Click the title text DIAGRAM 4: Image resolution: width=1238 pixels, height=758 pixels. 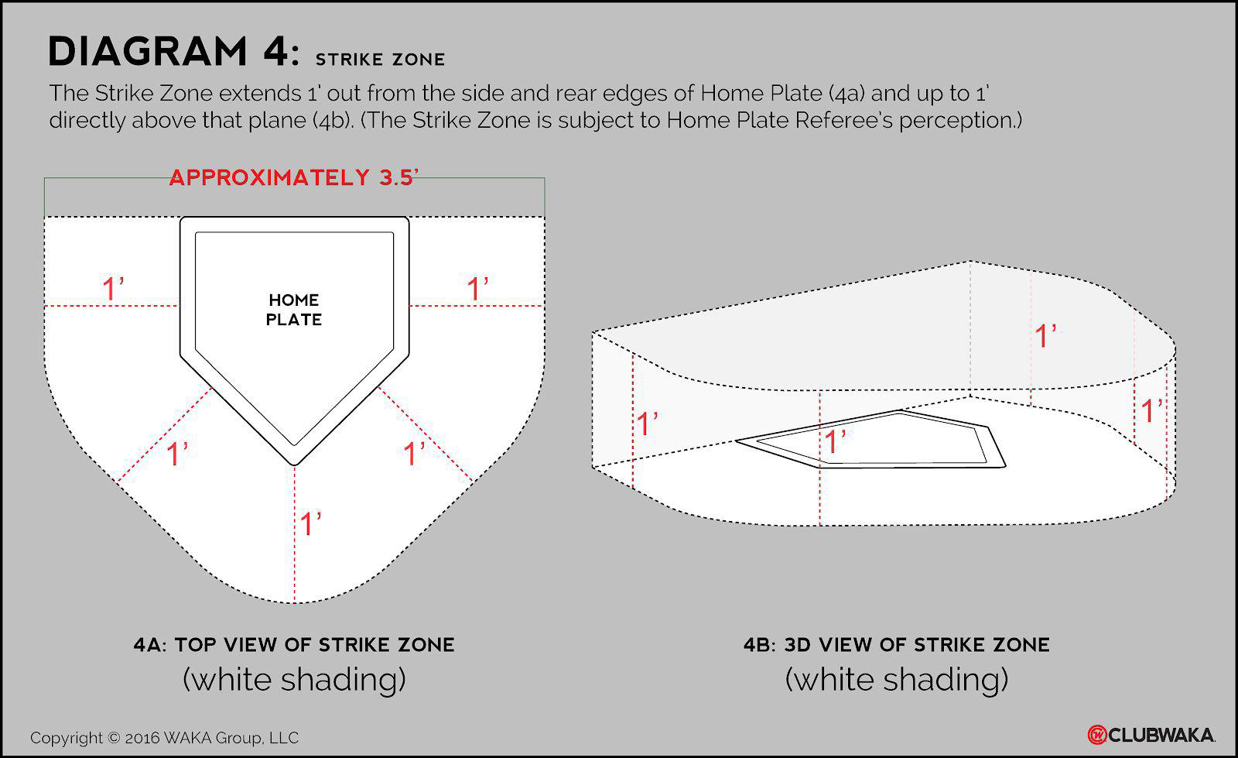(x=173, y=53)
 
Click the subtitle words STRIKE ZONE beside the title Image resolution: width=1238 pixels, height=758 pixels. (x=380, y=60)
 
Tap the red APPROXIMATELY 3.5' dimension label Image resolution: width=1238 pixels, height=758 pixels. (x=293, y=177)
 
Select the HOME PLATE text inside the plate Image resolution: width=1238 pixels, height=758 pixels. (x=294, y=310)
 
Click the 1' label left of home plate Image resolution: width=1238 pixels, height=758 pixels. (x=113, y=289)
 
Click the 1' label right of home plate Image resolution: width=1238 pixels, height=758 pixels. (x=477, y=289)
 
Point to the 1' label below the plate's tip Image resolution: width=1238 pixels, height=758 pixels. (x=310, y=524)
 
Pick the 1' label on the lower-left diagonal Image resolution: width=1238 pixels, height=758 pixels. (x=177, y=454)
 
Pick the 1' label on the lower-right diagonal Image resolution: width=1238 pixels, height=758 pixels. (x=414, y=454)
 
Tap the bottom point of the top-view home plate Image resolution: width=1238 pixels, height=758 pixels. (x=295, y=463)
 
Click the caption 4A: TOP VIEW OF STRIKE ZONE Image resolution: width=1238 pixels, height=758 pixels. (x=294, y=645)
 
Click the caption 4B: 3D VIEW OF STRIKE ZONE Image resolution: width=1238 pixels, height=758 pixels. (x=897, y=645)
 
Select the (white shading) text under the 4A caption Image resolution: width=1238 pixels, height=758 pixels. (x=294, y=680)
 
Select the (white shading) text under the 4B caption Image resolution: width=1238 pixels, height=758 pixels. (x=897, y=680)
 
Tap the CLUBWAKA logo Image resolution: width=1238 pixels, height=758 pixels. (x=1151, y=734)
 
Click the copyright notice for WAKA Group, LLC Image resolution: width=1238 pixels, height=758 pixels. (x=164, y=738)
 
